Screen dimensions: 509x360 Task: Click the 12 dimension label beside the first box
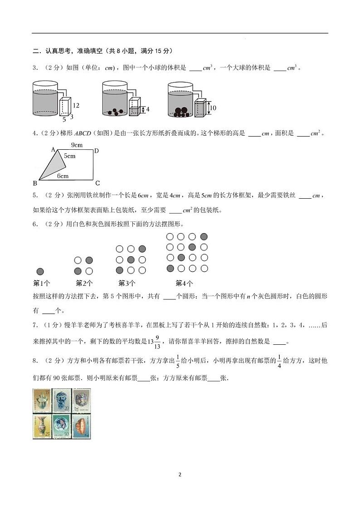(x=76, y=106)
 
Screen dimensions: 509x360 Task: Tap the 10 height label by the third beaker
(x=214, y=108)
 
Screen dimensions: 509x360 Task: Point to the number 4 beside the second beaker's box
(x=147, y=109)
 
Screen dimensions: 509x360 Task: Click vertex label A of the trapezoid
(x=53, y=150)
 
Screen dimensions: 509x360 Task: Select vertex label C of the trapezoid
(x=97, y=183)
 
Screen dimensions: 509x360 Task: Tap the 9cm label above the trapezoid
(x=77, y=145)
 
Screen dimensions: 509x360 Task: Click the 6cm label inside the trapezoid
(x=63, y=176)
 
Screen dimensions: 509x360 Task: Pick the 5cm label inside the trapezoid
(x=69, y=156)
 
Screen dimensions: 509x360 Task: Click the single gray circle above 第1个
(x=40, y=271)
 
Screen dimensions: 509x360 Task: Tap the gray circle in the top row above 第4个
(x=204, y=236)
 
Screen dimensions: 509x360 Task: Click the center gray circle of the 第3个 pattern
(x=131, y=259)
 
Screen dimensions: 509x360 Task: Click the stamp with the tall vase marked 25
(x=42, y=426)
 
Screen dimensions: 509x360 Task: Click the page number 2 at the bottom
(x=180, y=475)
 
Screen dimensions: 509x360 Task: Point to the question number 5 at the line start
(x=35, y=196)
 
